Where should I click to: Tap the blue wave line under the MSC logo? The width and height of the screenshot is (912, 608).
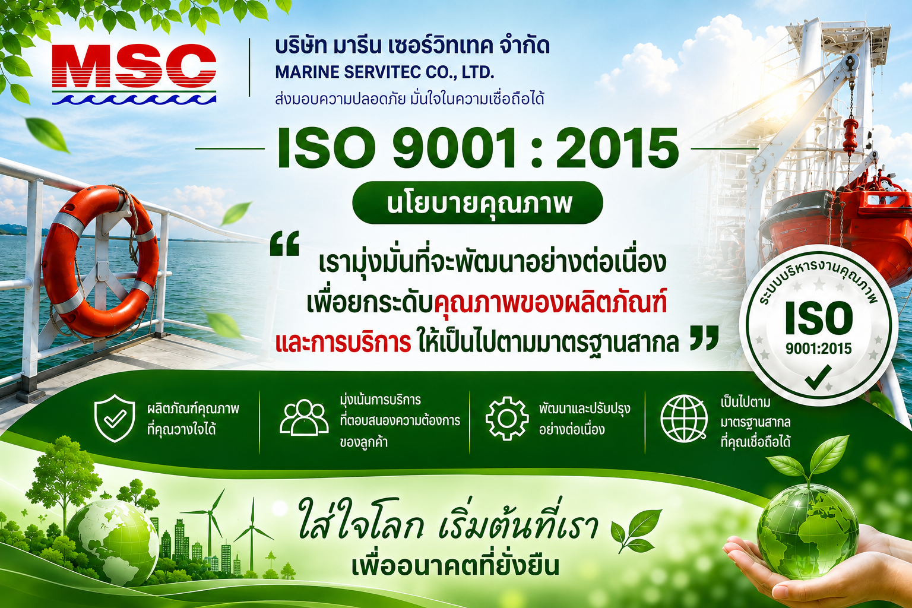pos(134,100)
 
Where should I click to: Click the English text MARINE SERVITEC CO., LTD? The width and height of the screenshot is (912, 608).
pos(385,72)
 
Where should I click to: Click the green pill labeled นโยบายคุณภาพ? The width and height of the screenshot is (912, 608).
pos(477,203)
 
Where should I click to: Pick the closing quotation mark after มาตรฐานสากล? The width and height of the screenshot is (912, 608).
pos(704,338)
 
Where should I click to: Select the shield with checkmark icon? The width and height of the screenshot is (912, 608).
pos(115,418)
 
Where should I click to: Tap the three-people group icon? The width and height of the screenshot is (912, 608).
pos(304,417)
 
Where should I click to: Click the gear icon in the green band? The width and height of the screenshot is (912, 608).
pos(507,418)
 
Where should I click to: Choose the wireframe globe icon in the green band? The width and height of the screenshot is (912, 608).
pos(684,419)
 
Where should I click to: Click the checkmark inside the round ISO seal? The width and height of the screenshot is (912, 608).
pos(818,377)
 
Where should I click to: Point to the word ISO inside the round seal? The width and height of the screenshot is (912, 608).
pos(819,318)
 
